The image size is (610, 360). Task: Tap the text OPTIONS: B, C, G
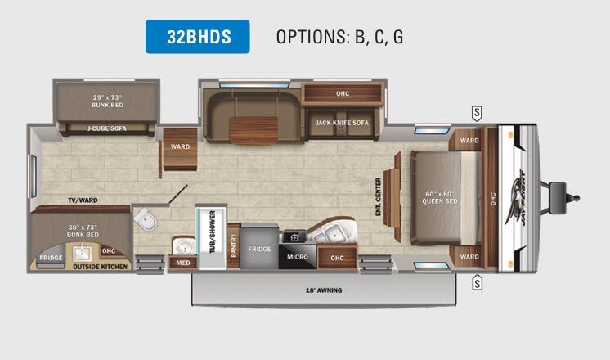tap(339, 37)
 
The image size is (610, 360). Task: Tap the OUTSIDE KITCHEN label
tap(101, 266)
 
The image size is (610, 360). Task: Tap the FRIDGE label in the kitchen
tap(260, 248)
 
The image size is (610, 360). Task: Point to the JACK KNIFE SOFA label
tap(342, 123)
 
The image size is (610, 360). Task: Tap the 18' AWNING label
tap(325, 290)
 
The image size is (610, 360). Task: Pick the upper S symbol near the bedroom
tap(477, 112)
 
